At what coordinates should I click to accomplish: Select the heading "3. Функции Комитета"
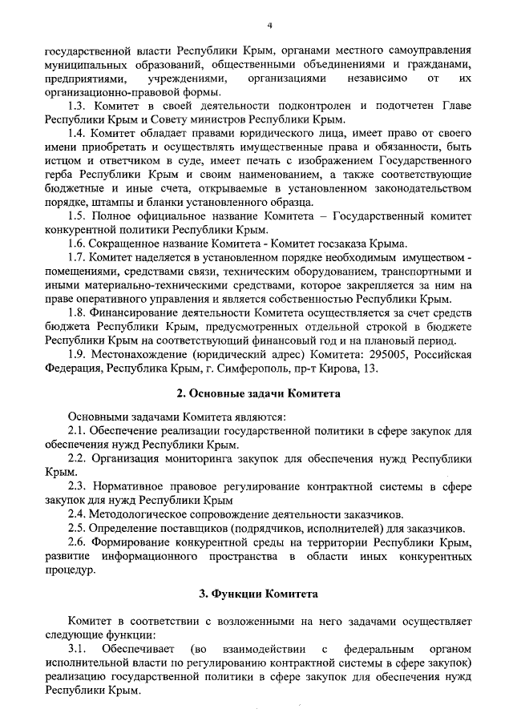(258, 594)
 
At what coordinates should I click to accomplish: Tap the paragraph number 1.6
(78, 244)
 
